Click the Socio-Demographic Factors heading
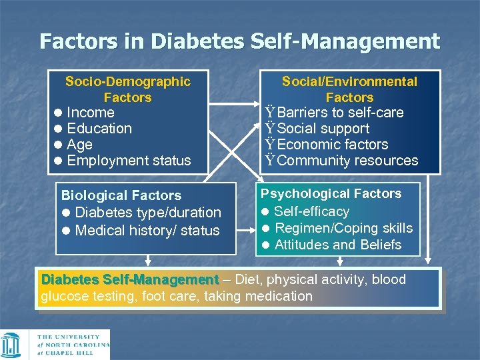[127, 89]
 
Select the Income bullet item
[91, 113]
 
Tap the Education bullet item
[99, 129]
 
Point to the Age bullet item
[80, 145]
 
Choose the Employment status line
[129, 161]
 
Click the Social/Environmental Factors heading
[349, 89]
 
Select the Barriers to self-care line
[340, 113]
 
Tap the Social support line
[323, 129]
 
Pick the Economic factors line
[332, 145]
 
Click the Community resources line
[347, 161]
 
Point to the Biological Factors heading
[121, 195]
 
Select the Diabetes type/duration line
[147, 213]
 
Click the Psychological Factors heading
[331, 194]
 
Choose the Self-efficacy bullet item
[311, 211]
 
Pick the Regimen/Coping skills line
[343, 228]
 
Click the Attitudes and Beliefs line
[337, 245]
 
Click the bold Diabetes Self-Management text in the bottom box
[130, 279]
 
